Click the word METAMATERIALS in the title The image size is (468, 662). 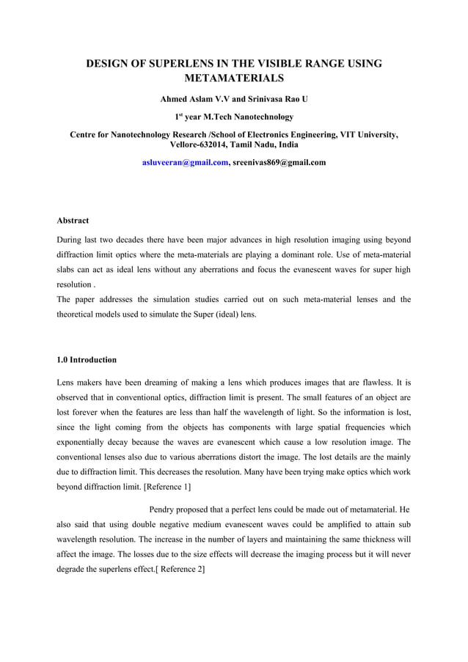pyautogui.click(x=234, y=78)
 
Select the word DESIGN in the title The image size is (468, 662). pyautogui.click(x=114, y=64)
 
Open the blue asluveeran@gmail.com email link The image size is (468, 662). pyautogui.click(x=186, y=162)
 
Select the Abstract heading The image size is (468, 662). pyautogui.click(x=73, y=220)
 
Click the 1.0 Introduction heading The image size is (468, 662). pyautogui.click(x=87, y=360)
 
